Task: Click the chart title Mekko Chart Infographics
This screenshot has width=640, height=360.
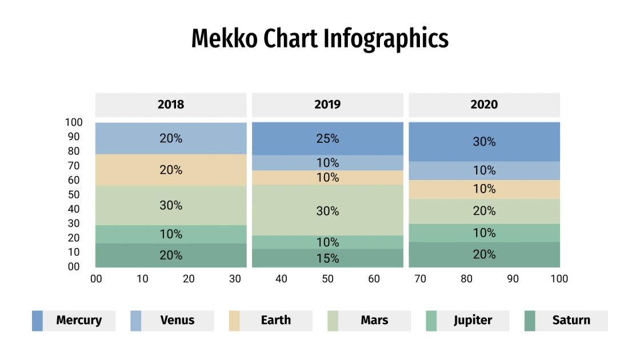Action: pyautogui.click(x=319, y=39)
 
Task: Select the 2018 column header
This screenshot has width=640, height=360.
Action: pyautogui.click(x=171, y=105)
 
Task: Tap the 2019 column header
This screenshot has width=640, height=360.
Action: pyautogui.click(x=327, y=105)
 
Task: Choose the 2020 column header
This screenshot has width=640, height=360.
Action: pyautogui.click(x=484, y=105)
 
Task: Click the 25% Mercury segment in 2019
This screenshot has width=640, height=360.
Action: pyautogui.click(x=327, y=138)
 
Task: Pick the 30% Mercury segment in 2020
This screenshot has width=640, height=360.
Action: pyautogui.click(x=484, y=142)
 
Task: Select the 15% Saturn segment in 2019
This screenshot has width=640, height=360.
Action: pyautogui.click(x=327, y=258)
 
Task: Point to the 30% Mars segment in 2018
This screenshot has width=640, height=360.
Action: pyautogui.click(x=171, y=205)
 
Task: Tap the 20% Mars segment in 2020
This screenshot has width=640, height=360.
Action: pyautogui.click(x=484, y=211)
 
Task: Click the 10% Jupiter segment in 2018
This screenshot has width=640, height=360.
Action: pyautogui.click(x=171, y=234)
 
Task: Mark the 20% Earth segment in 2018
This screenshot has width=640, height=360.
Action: pyautogui.click(x=171, y=170)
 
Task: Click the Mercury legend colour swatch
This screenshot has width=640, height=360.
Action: pyautogui.click(x=37, y=321)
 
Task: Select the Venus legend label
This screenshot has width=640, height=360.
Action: pyautogui.click(x=177, y=321)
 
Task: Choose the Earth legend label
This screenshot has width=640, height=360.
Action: pyautogui.click(x=275, y=321)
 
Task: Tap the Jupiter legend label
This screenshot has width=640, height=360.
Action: pyautogui.click(x=473, y=321)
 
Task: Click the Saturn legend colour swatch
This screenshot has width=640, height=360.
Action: pyautogui.click(x=530, y=321)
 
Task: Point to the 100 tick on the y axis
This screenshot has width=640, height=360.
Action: pyautogui.click(x=74, y=122)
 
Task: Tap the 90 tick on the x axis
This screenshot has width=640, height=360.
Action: pyautogui.click(x=513, y=279)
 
